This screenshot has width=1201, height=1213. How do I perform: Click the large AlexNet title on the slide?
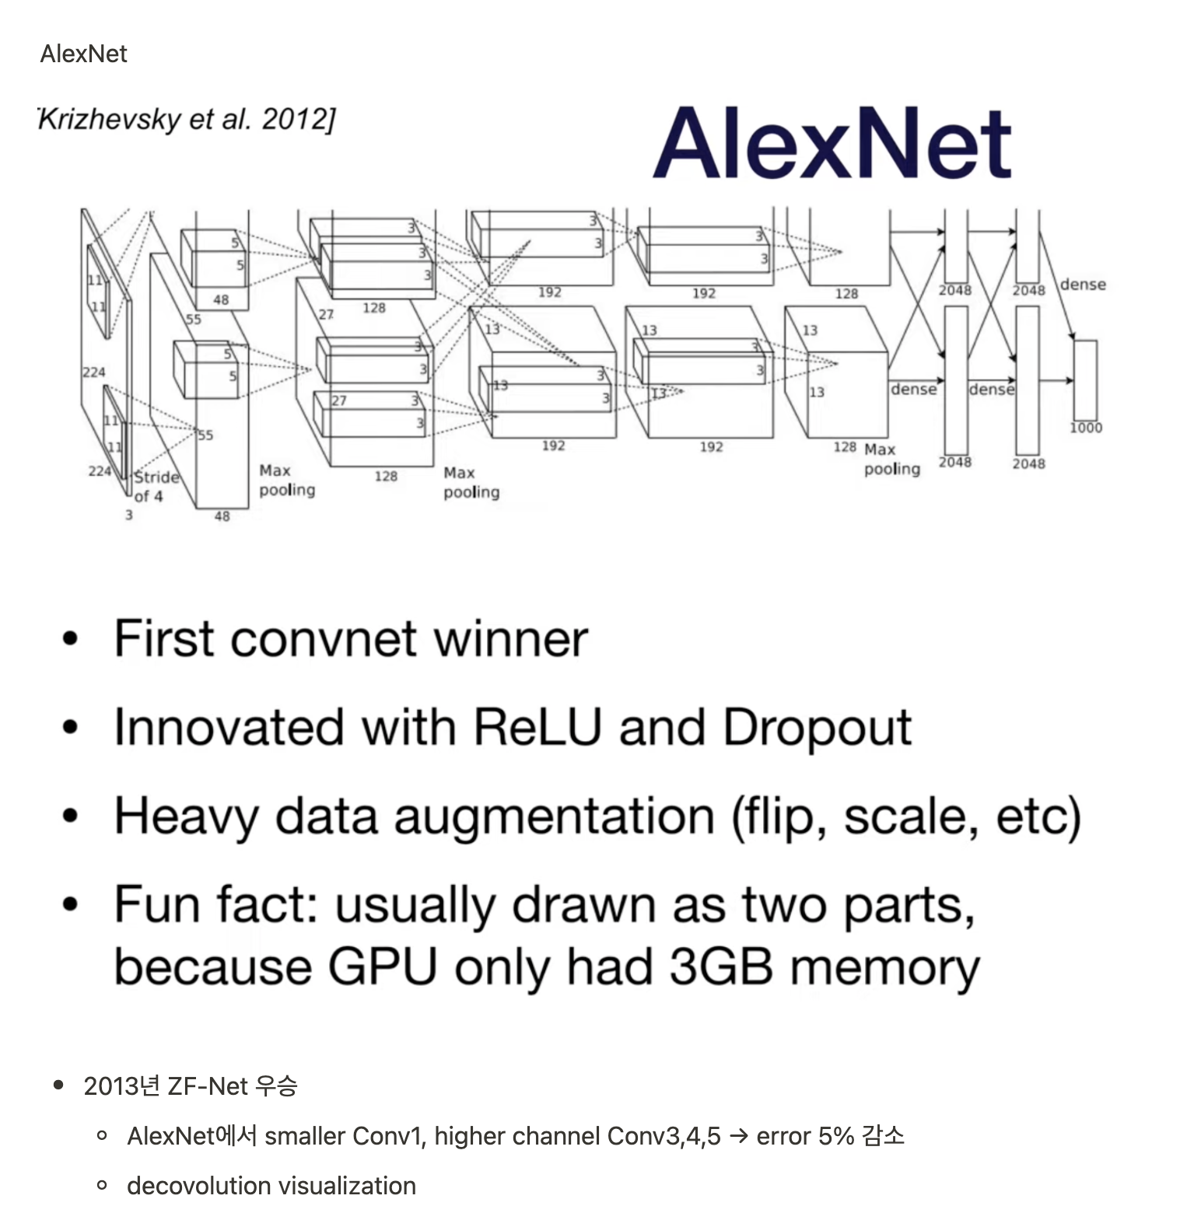pos(832,144)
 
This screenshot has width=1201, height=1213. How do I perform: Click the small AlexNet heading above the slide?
pos(83,54)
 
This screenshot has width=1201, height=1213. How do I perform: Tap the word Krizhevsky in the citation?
pos(109,120)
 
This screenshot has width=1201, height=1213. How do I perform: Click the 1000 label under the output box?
pos(1086,428)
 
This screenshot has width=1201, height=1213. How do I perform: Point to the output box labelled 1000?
pos(1085,379)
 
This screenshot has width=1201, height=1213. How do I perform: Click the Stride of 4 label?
pos(156,487)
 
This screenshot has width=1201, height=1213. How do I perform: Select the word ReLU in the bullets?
pos(537,728)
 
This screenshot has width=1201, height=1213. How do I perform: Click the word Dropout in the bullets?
pos(817,728)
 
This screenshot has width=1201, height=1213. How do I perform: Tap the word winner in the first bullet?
pos(509,639)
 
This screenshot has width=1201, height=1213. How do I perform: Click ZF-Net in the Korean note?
pos(207,1086)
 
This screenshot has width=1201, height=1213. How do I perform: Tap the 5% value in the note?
pos(836,1136)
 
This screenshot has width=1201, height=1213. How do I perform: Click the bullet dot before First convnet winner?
pos(71,639)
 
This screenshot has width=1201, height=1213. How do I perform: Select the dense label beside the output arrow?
pos(1083,285)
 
